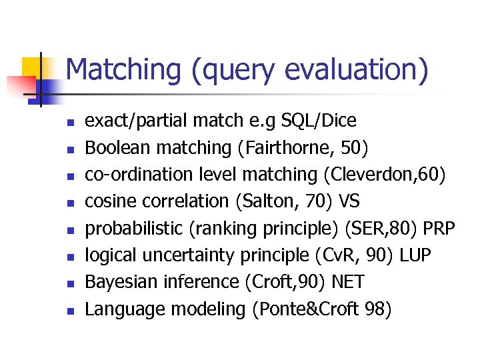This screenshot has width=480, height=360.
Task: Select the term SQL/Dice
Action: coord(319,121)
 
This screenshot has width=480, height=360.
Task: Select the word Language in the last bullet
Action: coord(125,309)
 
